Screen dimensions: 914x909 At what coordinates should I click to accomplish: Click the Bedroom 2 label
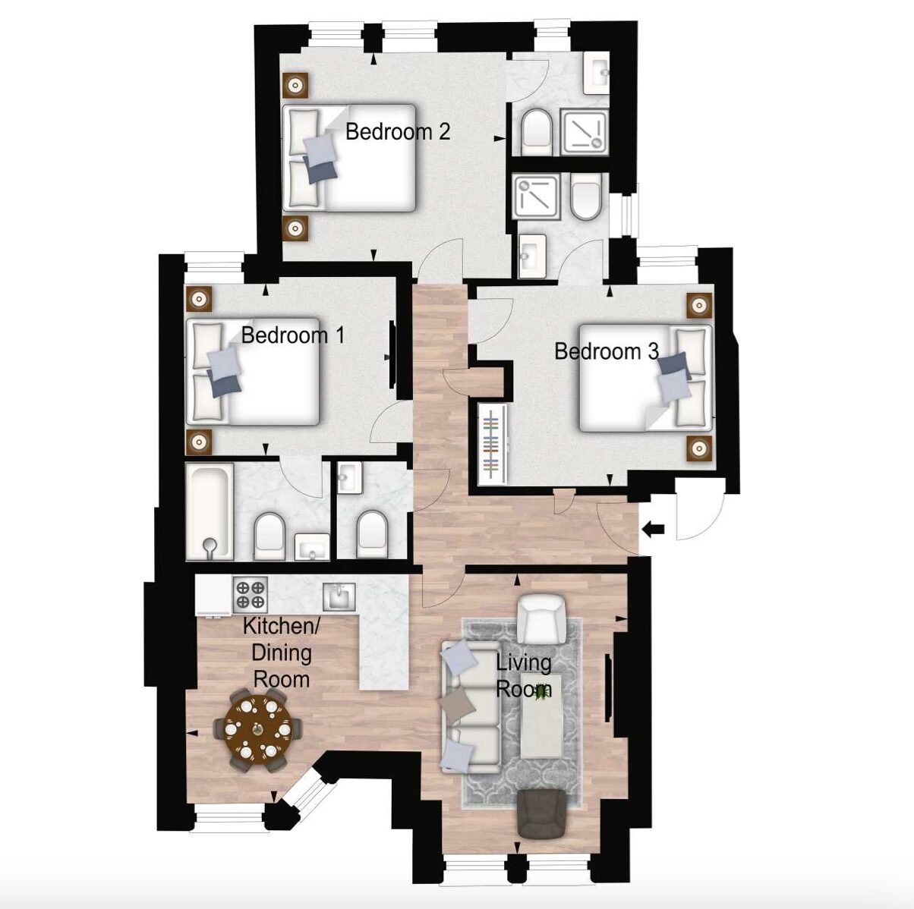[398, 131]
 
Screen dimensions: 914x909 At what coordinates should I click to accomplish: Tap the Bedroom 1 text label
[293, 335]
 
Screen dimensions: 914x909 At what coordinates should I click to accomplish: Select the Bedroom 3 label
[607, 351]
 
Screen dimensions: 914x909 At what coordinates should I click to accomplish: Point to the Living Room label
[524, 676]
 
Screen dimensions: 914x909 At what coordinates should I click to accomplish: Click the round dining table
[257, 729]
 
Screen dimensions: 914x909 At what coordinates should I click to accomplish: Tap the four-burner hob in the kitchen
[250, 595]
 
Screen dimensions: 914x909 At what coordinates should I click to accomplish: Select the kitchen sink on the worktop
[339, 596]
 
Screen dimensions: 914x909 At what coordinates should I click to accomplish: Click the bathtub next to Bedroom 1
[210, 511]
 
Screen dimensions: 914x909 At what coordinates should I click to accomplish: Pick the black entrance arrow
[653, 528]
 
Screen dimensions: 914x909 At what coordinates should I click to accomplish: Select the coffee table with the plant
[542, 716]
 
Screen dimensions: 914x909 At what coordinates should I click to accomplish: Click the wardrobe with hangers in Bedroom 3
[493, 444]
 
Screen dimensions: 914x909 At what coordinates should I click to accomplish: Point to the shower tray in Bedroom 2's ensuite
[585, 132]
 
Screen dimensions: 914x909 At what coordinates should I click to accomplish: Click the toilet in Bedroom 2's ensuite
[536, 132]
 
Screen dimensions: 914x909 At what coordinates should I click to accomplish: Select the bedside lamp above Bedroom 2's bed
[295, 86]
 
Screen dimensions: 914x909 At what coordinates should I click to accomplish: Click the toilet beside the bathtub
[269, 536]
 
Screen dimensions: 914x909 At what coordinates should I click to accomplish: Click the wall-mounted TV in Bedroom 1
[392, 354]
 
